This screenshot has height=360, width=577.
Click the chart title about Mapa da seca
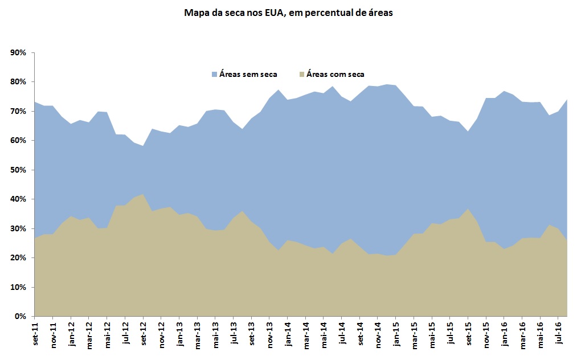[x=288, y=13]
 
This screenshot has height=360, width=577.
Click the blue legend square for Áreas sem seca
[x=214, y=75]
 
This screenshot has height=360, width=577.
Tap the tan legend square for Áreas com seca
[x=302, y=75]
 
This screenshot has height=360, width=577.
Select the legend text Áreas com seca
[x=335, y=75]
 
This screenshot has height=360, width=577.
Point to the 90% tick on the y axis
[x=19, y=52]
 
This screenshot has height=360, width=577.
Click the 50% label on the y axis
[x=19, y=170]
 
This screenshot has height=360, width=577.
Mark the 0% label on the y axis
[x=21, y=316]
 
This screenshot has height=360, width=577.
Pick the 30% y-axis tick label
[x=19, y=228]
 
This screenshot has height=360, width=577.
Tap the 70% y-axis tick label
[x=19, y=111]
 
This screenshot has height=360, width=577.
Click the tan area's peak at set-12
[x=143, y=195]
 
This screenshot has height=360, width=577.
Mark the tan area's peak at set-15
[x=468, y=209]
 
